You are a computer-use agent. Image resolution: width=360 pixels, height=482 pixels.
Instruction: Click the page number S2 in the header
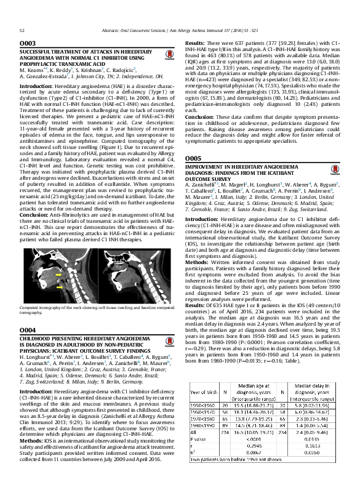tap(22, 29)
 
